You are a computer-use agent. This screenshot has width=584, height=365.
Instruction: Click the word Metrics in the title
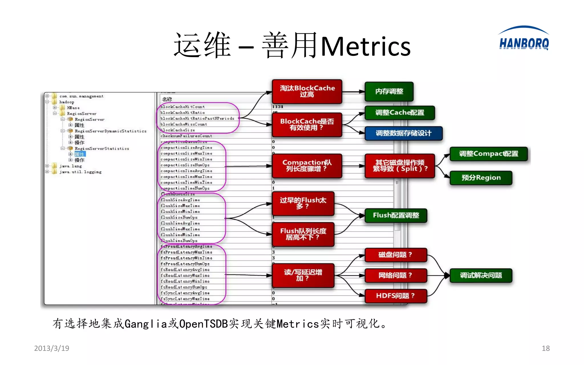[366, 46]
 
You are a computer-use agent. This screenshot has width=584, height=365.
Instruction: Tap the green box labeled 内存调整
[389, 92]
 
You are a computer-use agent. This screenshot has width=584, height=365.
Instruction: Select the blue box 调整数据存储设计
[403, 133]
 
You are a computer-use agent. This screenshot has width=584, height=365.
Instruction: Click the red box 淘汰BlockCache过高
[307, 91]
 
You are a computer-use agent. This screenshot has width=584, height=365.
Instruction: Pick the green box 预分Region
[481, 178]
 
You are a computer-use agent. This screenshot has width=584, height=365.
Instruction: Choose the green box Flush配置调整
[396, 215]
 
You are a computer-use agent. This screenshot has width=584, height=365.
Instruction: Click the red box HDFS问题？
[396, 296]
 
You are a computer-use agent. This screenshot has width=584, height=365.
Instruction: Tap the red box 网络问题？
[396, 275]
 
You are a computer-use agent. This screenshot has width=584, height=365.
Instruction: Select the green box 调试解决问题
[481, 275]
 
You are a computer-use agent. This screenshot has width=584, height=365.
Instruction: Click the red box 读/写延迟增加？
[303, 275]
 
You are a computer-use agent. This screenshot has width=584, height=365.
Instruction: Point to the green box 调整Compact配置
[488, 154]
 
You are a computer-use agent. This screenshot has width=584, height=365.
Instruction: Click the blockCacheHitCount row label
[182, 107]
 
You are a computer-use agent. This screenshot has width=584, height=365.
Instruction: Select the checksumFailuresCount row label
[186, 136]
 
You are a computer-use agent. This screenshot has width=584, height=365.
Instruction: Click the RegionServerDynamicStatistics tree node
[110, 131]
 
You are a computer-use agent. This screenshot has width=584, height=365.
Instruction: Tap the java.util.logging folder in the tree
[80, 172]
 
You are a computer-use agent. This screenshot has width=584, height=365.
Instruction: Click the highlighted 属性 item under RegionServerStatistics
[80, 154]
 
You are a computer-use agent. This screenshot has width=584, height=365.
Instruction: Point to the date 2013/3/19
[52, 348]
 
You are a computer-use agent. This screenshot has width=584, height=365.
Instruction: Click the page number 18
[546, 348]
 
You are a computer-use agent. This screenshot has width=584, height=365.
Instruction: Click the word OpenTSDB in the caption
[203, 324]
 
